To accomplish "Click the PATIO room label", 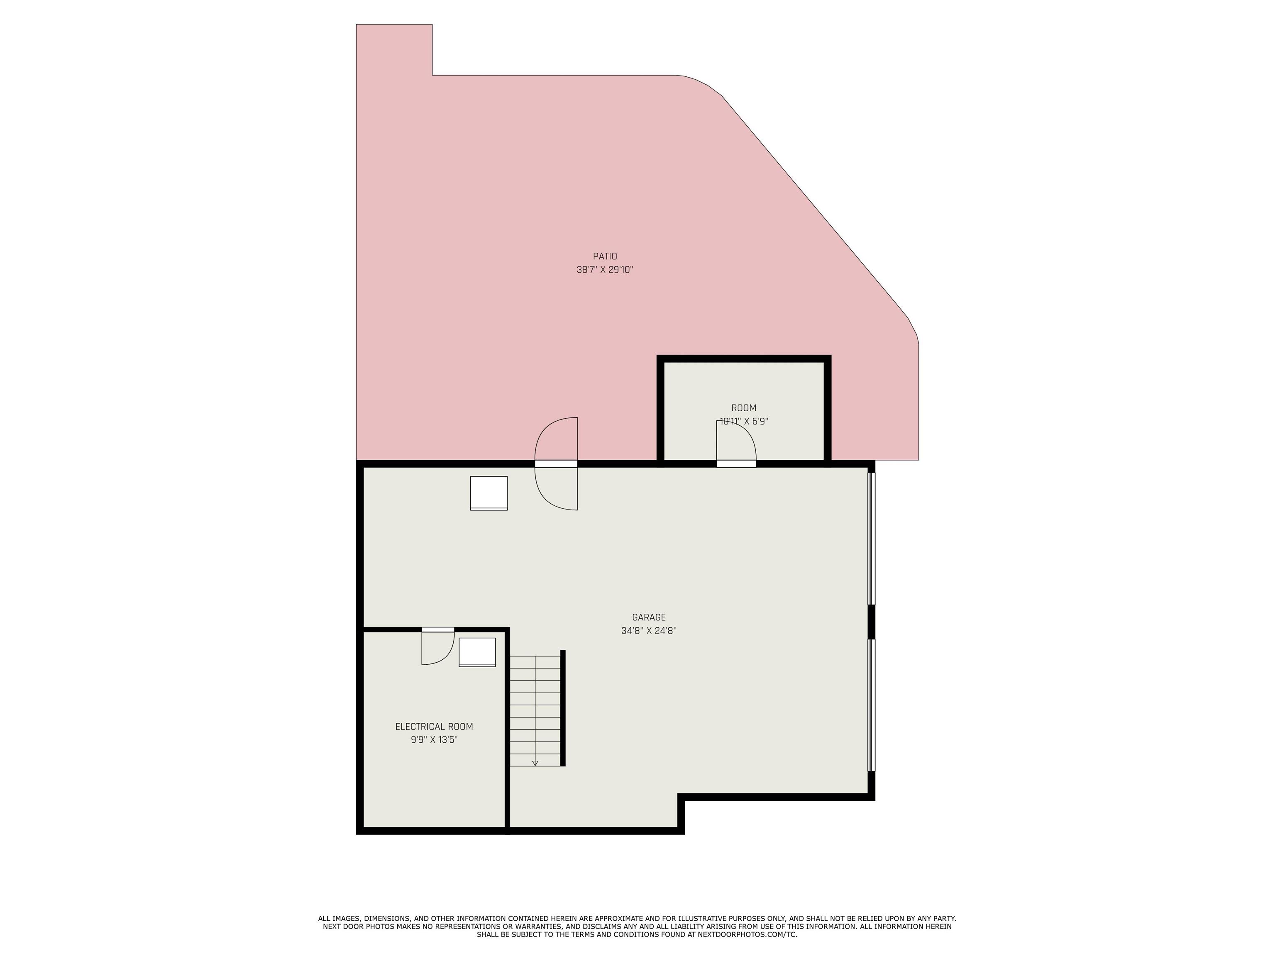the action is pyautogui.click(x=605, y=256).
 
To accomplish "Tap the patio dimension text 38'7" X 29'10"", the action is pyautogui.click(x=605, y=270).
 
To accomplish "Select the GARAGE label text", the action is pyautogui.click(x=648, y=617).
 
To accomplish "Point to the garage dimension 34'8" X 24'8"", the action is pyautogui.click(x=648, y=630).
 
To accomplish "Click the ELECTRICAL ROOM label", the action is pyautogui.click(x=434, y=727).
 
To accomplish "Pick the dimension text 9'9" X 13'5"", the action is pyautogui.click(x=434, y=740).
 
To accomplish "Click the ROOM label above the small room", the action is pyautogui.click(x=744, y=408).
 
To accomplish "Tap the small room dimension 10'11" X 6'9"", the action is pyautogui.click(x=744, y=421).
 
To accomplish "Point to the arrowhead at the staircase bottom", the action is pyautogui.click(x=535, y=763).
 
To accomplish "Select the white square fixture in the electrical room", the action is pyautogui.click(x=477, y=652).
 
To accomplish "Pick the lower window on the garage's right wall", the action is pyautogui.click(x=872, y=705).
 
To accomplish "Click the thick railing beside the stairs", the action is pyautogui.click(x=563, y=708).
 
